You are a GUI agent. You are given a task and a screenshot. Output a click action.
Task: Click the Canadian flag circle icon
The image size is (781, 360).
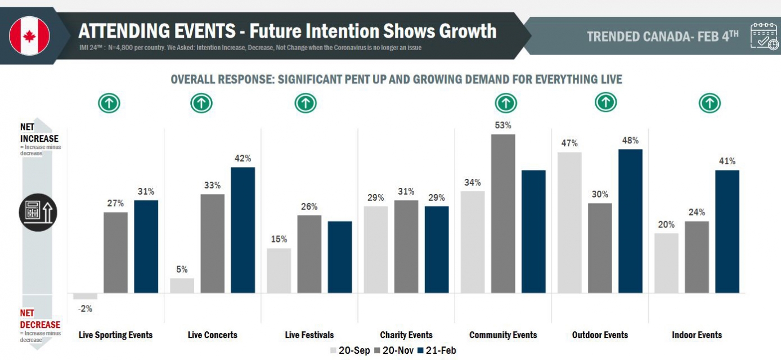click(x=30, y=35)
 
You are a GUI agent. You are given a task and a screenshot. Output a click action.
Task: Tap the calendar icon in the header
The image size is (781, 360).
click(x=764, y=36)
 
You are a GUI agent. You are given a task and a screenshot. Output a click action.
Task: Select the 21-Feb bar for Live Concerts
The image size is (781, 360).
click(x=243, y=230)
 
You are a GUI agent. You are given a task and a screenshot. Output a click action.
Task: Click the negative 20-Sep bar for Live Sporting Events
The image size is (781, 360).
click(x=86, y=296)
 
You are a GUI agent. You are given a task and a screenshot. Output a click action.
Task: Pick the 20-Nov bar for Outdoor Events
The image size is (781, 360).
click(x=600, y=248)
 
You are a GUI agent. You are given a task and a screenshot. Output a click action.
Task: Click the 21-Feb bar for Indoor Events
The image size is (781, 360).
click(x=727, y=231)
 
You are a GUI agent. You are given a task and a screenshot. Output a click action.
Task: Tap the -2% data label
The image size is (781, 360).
click(x=85, y=308)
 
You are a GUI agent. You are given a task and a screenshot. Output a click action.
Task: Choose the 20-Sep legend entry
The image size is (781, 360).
click(x=349, y=350)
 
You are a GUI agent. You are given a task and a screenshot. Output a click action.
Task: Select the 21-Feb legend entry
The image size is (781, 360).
click(x=436, y=350)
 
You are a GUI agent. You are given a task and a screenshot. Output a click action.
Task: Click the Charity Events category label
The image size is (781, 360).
click(x=406, y=335)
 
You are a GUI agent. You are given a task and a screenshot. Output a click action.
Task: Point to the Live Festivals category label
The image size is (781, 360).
click(x=309, y=335)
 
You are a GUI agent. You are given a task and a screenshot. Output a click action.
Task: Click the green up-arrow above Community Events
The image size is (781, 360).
click(x=506, y=103)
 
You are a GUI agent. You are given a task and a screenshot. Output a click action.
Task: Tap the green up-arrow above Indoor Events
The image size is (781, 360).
click(x=710, y=103)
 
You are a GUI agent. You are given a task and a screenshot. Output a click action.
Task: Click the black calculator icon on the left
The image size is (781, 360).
click(x=38, y=213)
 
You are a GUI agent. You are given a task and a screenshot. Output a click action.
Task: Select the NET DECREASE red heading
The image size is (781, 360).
click(x=39, y=319)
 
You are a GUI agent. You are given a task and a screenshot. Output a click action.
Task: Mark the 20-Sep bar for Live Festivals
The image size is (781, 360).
click(x=279, y=271)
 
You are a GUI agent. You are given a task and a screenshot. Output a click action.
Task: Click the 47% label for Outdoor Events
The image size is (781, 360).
click(x=569, y=143)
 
